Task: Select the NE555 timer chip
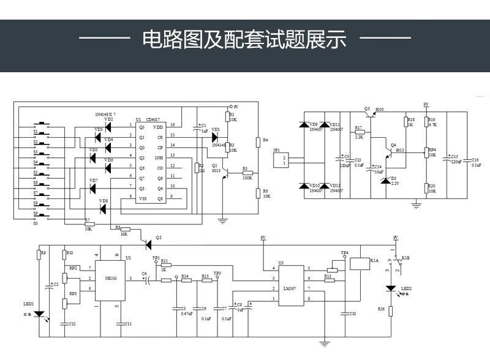[111, 279]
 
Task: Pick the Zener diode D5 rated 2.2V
[385, 181]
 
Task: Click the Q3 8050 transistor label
[374, 108]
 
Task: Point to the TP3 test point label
[217, 273]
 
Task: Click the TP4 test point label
[344, 253]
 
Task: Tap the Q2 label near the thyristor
[159, 237]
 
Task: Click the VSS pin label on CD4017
[143, 198]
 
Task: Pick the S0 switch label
[35, 223]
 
